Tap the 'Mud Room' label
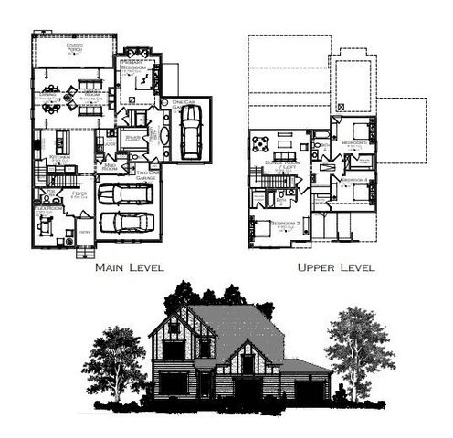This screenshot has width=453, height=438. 110,168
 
